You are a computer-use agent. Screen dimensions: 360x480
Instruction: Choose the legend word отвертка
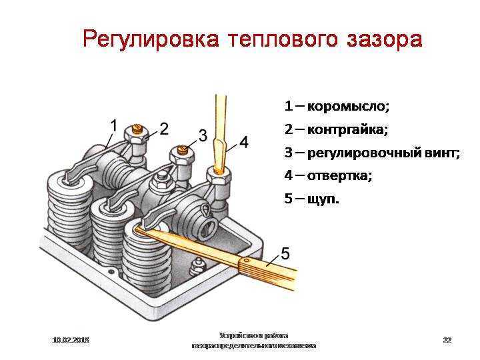tap(339, 175)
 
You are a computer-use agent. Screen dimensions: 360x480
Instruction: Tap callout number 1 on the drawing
tap(113, 125)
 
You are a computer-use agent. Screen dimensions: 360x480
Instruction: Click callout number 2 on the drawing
tap(163, 127)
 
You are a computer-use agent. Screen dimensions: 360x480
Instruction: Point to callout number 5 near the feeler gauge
tap(285, 253)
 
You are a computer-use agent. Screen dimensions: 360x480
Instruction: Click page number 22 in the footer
tap(447, 340)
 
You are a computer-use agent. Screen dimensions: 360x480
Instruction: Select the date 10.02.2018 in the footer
tap(71, 340)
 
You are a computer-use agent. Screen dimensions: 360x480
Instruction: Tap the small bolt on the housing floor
tap(196, 267)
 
